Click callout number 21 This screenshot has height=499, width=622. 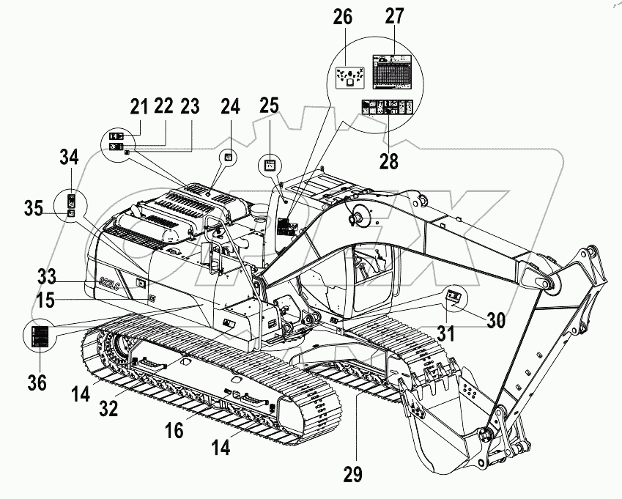[139, 107]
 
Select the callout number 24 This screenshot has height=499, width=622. [231, 107]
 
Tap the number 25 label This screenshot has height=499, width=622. [270, 107]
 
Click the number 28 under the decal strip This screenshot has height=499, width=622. [388, 161]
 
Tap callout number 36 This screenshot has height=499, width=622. [37, 382]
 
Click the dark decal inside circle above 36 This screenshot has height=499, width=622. [41, 337]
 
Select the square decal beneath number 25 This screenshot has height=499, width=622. [270, 166]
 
